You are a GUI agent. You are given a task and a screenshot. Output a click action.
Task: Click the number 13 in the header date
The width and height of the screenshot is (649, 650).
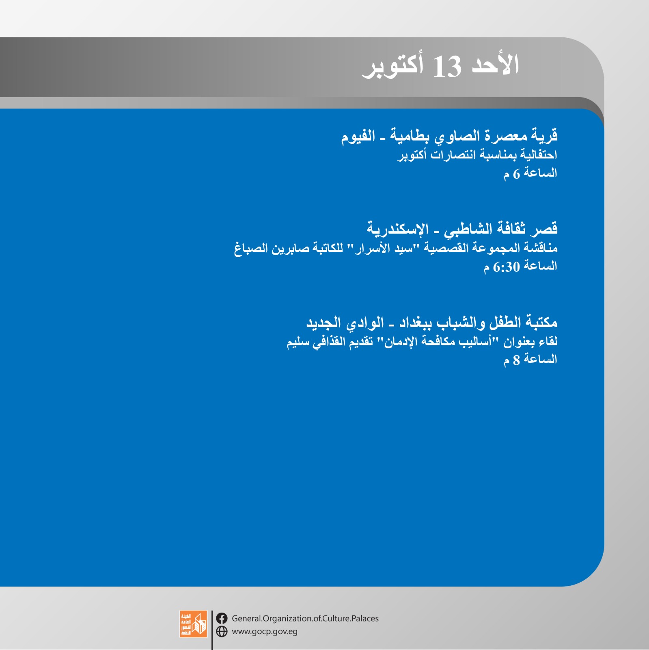(447, 67)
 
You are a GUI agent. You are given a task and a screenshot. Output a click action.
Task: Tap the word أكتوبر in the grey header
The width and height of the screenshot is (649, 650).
(393, 66)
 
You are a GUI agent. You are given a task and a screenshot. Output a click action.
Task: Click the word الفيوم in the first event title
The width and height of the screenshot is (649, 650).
(358, 136)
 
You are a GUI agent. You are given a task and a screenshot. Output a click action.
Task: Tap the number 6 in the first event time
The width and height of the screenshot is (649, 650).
(516, 174)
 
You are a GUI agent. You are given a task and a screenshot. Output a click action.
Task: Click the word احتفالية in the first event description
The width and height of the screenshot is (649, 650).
(539, 155)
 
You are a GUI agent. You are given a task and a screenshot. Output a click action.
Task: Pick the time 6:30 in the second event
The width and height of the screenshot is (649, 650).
(506, 267)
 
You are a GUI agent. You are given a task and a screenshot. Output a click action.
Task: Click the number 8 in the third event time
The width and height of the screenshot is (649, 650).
(516, 360)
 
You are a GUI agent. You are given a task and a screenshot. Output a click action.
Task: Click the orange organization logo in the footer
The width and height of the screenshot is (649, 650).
(193, 624)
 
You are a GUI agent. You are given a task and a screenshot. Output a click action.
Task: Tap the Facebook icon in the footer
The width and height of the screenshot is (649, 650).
(222, 618)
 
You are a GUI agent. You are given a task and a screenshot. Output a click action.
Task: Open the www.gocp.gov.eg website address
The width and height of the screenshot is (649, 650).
(265, 632)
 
